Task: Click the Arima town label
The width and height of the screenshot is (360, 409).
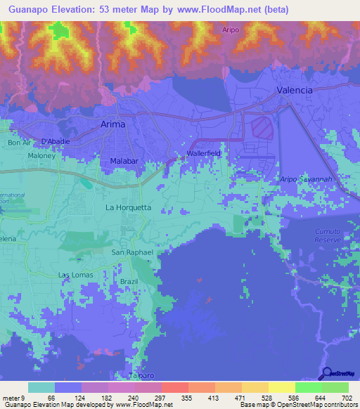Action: (109, 124)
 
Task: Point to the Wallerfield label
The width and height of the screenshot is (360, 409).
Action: (204, 153)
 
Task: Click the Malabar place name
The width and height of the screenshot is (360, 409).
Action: (124, 162)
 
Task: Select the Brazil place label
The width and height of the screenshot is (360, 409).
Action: (129, 280)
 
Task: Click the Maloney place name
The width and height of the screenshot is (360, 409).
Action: (41, 155)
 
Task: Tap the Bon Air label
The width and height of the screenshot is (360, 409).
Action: (20, 143)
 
